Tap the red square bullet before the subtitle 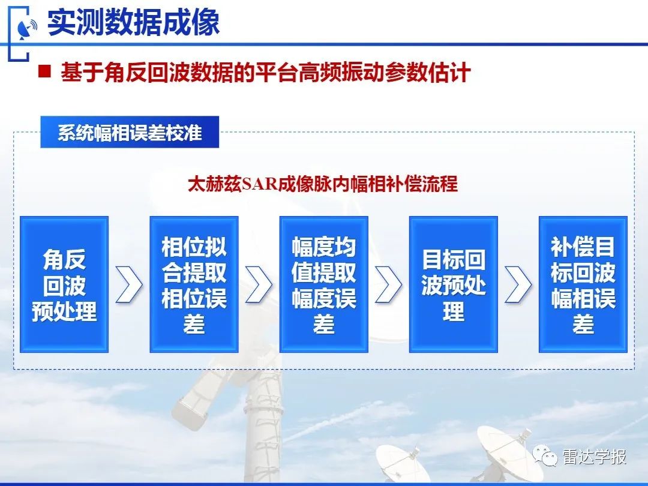[x=44, y=71]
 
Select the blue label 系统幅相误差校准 [x=130, y=132]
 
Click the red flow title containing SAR [x=323, y=184]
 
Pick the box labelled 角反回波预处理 [x=64, y=284]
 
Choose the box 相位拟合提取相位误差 [x=194, y=284]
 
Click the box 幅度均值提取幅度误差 [x=323, y=284]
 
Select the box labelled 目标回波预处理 [x=454, y=284]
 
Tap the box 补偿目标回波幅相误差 [x=583, y=284]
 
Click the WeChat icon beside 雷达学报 [x=545, y=456]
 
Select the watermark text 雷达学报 [x=594, y=457]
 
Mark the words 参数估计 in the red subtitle [x=428, y=73]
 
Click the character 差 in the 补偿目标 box [x=583, y=323]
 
